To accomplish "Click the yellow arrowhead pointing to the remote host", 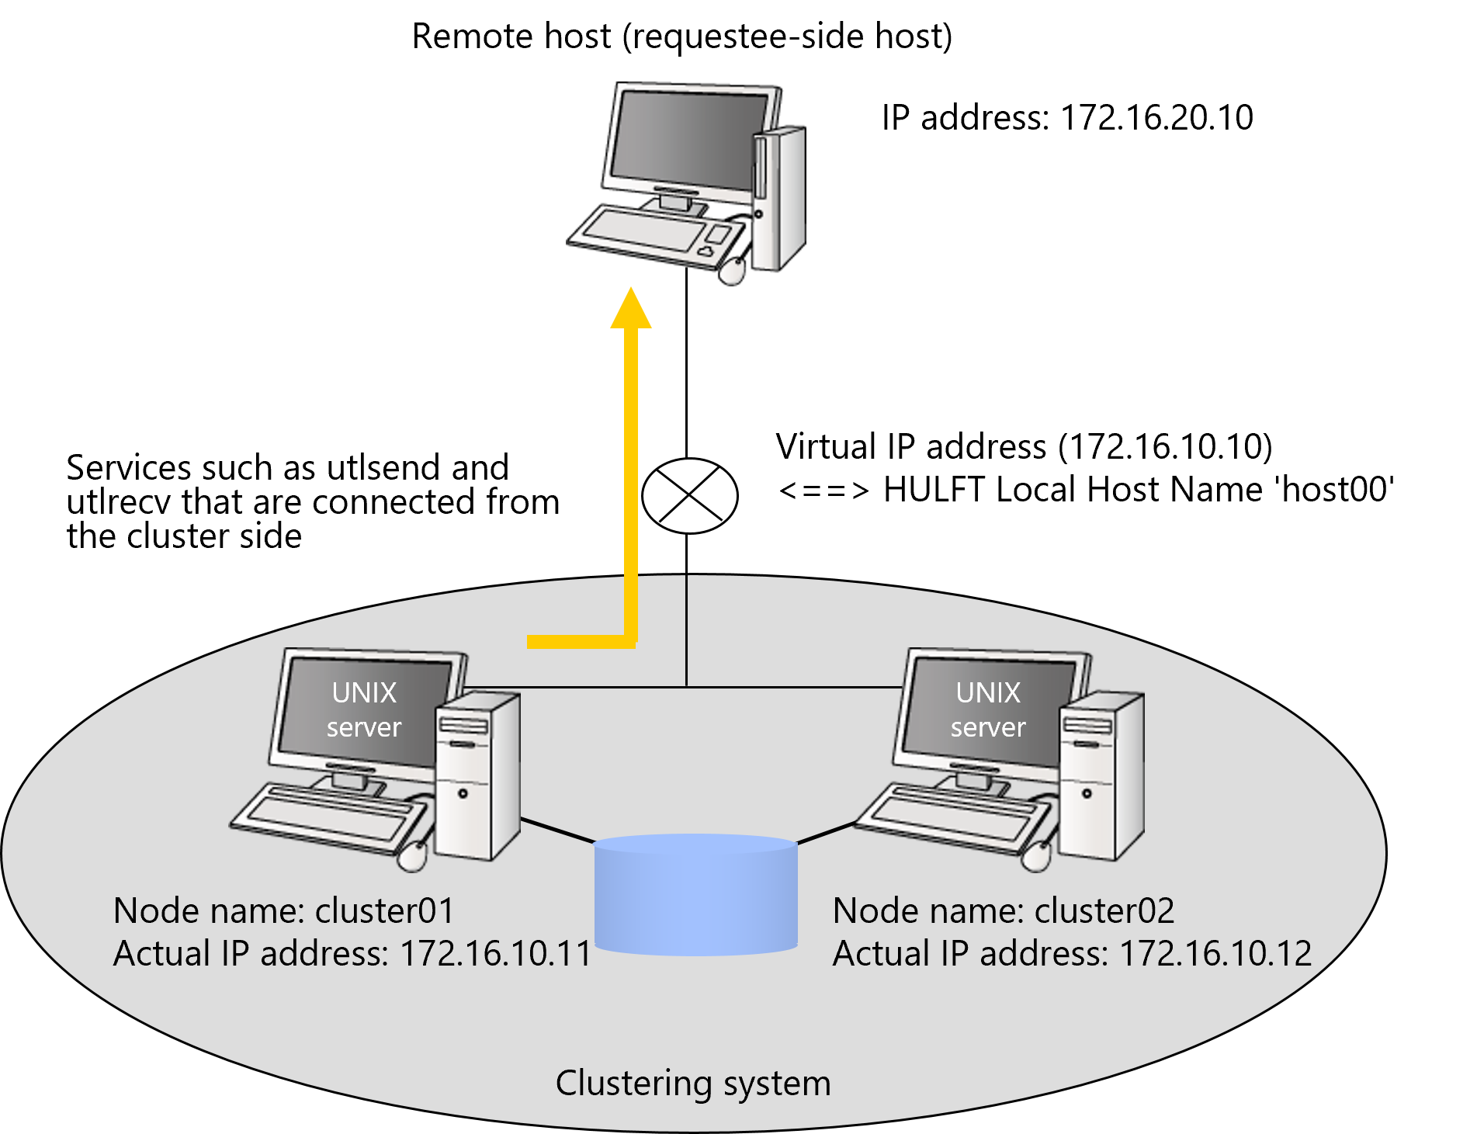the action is [x=631, y=308].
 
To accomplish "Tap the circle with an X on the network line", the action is [x=689, y=495].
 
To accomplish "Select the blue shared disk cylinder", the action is [x=696, y=894].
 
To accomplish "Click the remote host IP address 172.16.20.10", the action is [x=1156, y=117].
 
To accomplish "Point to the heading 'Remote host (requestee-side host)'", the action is [x=681, y=36].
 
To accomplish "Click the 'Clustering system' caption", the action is [x=693, y=1084].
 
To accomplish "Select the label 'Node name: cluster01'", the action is [x=284, y=910].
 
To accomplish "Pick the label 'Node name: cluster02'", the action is [x=1004, y=910].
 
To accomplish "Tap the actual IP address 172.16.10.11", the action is [x=496, y=953].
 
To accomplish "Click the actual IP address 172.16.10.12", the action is [x=1215, y=953].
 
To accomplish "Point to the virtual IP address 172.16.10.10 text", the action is [x=1166, y=446].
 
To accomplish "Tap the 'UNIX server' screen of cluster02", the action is [x=987, y=710].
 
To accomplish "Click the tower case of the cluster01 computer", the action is [x=477, y=776].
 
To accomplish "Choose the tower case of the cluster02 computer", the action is [x=1101, y=776].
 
